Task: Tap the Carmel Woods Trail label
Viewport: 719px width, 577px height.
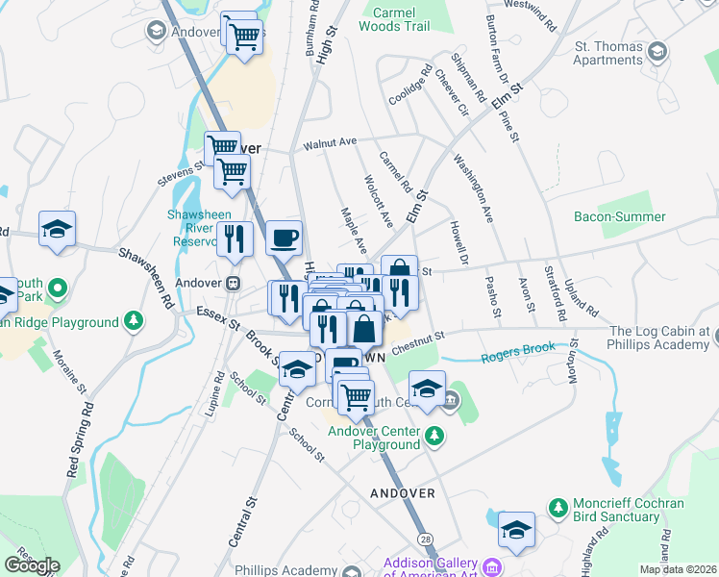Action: pos(394,20)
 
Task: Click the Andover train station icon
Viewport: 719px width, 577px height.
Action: pos(232,284)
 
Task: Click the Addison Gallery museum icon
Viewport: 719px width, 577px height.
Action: pos(492,566)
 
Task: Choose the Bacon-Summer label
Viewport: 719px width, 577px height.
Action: pos(619,217)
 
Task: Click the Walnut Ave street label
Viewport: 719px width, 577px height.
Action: pos(330,143)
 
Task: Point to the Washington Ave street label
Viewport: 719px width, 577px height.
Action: pos(473,188)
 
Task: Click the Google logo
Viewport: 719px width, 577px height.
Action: pos(32,565)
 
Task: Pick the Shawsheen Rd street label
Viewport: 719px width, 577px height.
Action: pos(144,280)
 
